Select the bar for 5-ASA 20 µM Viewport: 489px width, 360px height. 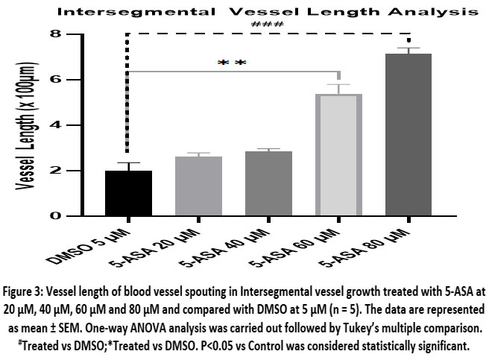(x=199, y=186)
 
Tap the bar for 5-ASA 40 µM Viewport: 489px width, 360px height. (x=270, y=183)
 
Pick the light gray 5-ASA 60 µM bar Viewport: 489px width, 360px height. (x=340, y=155)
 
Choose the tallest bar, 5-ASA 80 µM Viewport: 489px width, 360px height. (x=411, y=134)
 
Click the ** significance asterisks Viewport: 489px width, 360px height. (x=231, y=63)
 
